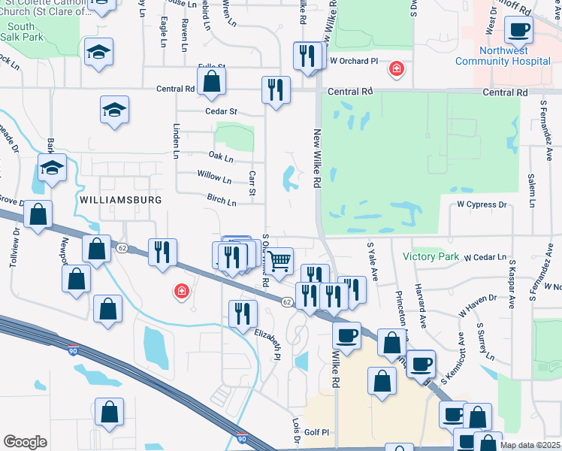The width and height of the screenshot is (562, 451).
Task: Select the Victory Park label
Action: pos(431,256)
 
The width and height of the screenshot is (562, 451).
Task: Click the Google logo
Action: pos(25,442)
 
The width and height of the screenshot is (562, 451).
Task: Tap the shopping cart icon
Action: pos(279,262)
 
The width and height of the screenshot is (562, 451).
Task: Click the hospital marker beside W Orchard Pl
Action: pos(395,70)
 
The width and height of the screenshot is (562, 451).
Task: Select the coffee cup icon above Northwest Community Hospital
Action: pos(519,31)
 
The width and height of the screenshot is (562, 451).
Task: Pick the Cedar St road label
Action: pos(221,111)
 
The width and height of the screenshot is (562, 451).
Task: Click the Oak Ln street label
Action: pos(221,159)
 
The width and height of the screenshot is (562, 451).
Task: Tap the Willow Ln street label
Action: pos(214,178)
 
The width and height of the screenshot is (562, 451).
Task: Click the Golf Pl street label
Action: pos(316,432)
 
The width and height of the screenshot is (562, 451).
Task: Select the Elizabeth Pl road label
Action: pos(267,344)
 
